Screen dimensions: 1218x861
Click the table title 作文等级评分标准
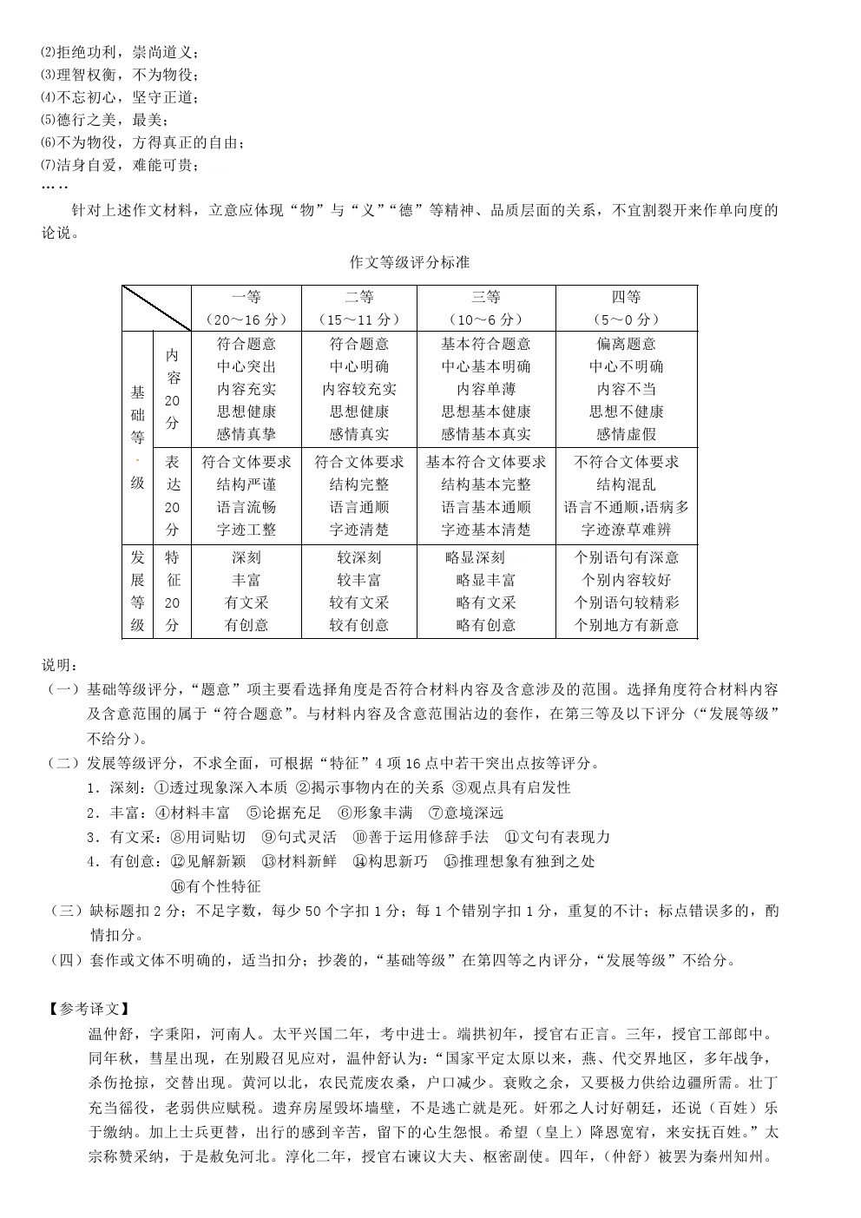click(x=409, y=262)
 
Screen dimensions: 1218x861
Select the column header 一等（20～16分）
click(x=246, y=308)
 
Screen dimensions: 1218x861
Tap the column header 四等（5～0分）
click(x=626, y=308)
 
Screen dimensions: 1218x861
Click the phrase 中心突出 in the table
click(x=246, y=367)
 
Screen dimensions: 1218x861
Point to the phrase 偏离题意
click(x=626, y=345)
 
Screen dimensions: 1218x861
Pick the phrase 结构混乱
click(x=626, y=485)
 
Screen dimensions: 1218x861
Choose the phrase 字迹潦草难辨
click(x=626, y=530)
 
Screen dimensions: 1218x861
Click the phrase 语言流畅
click(x=246, y=508)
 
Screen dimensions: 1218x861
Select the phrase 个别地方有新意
click(x=626, y=626)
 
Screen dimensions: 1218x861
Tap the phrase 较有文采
click(x=359, y=603)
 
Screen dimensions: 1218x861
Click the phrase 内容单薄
click(x=486, y=390)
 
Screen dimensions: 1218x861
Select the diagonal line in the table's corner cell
click(x=156, y=308)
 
